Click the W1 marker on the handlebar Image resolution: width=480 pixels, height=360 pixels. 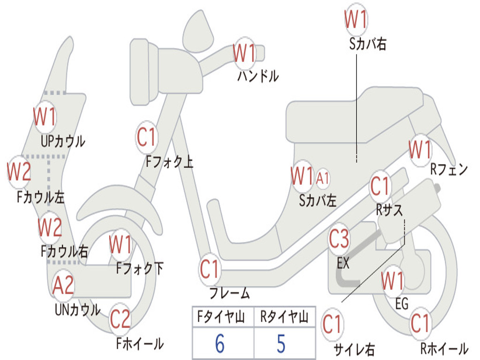245,53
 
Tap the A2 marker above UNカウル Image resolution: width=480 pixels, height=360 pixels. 63,285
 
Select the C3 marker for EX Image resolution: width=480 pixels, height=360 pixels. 339,239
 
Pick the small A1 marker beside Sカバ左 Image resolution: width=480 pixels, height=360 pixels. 323,178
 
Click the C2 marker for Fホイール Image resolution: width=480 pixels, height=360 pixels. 120,319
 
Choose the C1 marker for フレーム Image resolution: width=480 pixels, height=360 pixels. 210,270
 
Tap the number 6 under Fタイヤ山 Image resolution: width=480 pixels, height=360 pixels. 219,344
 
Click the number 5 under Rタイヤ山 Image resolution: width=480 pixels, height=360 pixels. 281,344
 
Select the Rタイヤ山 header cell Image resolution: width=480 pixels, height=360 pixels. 284,318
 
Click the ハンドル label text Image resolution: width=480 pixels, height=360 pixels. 258,75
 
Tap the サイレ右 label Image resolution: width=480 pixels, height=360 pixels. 354,349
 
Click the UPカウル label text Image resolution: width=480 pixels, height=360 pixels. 63,141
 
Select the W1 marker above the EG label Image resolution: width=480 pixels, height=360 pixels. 392,281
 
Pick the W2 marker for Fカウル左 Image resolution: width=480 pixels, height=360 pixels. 19,172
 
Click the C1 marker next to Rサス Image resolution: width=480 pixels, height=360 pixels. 380,186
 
